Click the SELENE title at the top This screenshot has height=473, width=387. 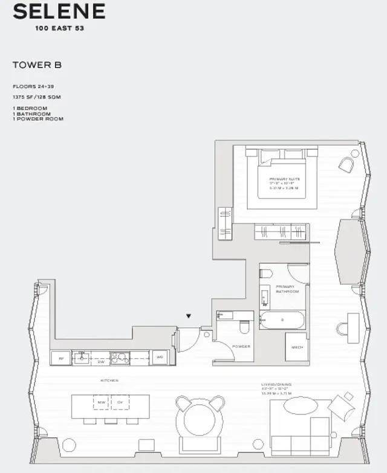[59, 11]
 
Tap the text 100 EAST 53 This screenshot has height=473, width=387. [59, 28]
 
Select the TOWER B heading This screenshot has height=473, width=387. [37, 65]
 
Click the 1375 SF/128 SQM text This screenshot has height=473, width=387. [37, 97]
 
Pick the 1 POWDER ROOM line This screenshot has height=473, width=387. [38, 119]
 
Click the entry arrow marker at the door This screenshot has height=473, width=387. [189, 316]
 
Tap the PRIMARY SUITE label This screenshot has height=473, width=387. [286, 179]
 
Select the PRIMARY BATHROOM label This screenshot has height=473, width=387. [287, 289]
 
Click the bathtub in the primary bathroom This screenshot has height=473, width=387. [282, 320]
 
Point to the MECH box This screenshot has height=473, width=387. [296, 347]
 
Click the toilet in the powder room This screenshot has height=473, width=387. [244, 327]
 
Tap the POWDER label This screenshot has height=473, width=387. [241, 346]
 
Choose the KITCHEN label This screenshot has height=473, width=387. [109, 381]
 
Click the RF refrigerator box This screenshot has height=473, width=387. [61, 358]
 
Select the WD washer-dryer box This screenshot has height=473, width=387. [160, 358]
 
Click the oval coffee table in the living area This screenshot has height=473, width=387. [299, 407]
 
